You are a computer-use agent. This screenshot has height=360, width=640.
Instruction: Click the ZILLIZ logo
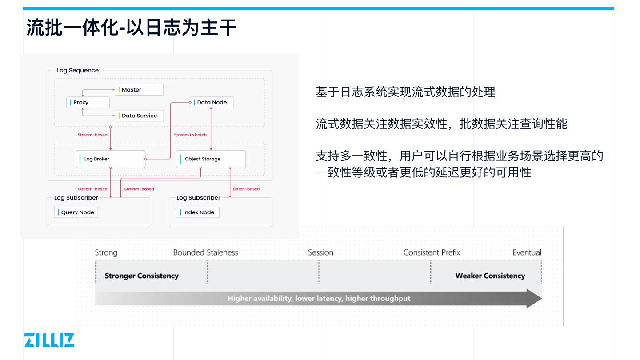point(49,340)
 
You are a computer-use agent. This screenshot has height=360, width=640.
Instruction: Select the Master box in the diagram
point(139,90)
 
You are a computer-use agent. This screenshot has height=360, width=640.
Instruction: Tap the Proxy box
point(88,102)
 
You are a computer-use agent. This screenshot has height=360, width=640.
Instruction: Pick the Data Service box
point(139,116)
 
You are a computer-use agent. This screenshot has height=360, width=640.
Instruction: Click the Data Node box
point(212,102)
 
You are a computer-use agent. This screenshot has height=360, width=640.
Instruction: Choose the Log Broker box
point(110,159)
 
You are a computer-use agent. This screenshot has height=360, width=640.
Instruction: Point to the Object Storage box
point(211,159)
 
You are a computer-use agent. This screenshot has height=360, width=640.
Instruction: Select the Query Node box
point(76,212)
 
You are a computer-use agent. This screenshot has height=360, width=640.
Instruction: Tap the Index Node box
point(198,212)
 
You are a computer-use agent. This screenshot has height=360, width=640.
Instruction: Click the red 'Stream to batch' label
point(190,135)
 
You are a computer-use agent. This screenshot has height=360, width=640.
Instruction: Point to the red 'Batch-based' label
point(246,189)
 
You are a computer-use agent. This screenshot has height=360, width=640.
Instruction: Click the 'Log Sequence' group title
point(78,70)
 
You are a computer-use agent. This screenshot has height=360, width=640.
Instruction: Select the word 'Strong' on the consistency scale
point(106,252)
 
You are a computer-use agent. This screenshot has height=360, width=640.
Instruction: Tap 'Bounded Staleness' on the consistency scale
point(205,252)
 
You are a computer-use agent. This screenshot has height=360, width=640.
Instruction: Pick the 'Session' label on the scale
point(320,252)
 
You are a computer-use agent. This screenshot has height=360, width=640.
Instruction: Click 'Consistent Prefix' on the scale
point(432,252)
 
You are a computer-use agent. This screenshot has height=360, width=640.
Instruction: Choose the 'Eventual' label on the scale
point(527,252)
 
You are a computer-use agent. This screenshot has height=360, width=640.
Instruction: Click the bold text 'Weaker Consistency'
point(490,276)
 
